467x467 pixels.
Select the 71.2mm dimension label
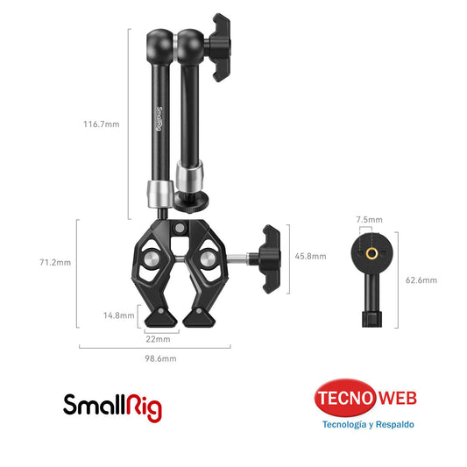(56, 262)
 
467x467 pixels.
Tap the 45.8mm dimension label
(310, 257)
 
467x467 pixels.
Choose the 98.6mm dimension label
(161, 358)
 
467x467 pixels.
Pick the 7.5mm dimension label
(369, 219)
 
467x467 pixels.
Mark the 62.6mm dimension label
(421, 280)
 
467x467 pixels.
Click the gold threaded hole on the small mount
(369, 251)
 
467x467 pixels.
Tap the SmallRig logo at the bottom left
(112, 405)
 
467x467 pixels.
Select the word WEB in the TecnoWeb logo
(397, 400)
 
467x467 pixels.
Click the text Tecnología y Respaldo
(369, 425)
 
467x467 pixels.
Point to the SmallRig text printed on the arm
(159, 118)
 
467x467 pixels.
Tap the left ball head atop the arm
(162, 41)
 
